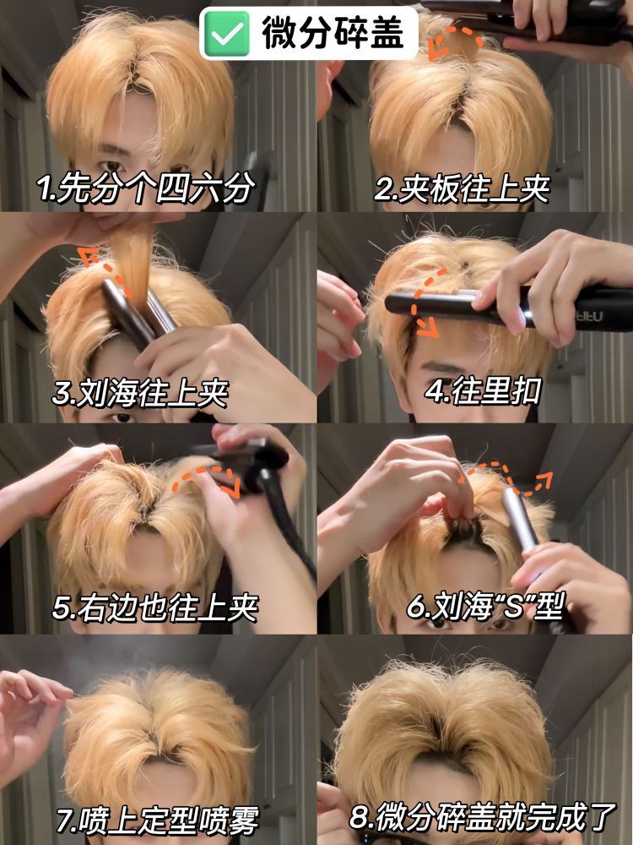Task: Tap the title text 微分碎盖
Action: coord(333,32)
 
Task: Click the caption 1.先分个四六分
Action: coord(145,189)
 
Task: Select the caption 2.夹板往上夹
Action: coord(462,189)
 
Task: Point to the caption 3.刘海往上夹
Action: coord(140,393)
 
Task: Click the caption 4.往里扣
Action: coord(483,391)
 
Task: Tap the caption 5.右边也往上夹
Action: coord(155,608)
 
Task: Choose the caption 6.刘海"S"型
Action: coord(484,606)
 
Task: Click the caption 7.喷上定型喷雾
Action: coord(157,820)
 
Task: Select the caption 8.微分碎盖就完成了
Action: coord(482,817)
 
